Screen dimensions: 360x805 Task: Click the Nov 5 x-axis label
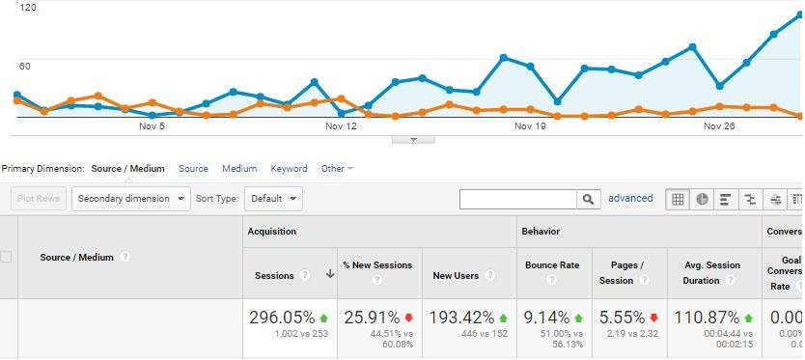[152, 126]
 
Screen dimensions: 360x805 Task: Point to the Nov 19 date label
[530, 126]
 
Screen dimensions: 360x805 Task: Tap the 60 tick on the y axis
[27, 66]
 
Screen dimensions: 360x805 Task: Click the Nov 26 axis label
[719, 126]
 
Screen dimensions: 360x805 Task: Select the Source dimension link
[193, 169]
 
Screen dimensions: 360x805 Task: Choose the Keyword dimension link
[289, 169]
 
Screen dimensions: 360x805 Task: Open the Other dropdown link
[336, 169]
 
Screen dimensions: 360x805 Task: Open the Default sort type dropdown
[273, 199]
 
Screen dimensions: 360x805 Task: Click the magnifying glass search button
[589, 199]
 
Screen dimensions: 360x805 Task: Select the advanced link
[630, 199]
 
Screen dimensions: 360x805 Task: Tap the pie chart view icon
[703, 199]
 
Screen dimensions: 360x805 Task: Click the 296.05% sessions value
[281, 318]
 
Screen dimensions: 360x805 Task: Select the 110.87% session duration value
[708, 318]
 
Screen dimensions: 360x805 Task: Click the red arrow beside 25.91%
[409, 318]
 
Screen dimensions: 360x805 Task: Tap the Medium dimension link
[239, 169]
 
